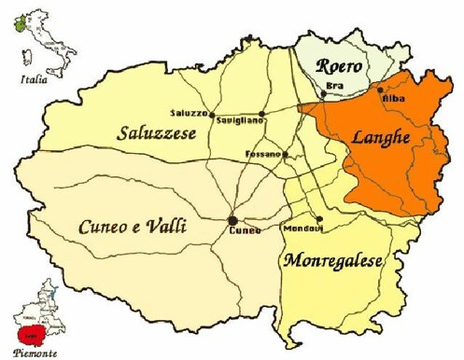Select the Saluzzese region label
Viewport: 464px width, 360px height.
[x=156, y=134]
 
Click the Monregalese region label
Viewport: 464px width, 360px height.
[x=332, y=261]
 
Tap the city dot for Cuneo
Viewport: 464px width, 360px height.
[x=232, y=219]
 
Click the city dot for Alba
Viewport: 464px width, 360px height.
[x=379, y=90]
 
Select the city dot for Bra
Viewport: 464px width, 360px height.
[x=323, y=93]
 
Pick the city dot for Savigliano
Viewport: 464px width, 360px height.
[x=262, y=115]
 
